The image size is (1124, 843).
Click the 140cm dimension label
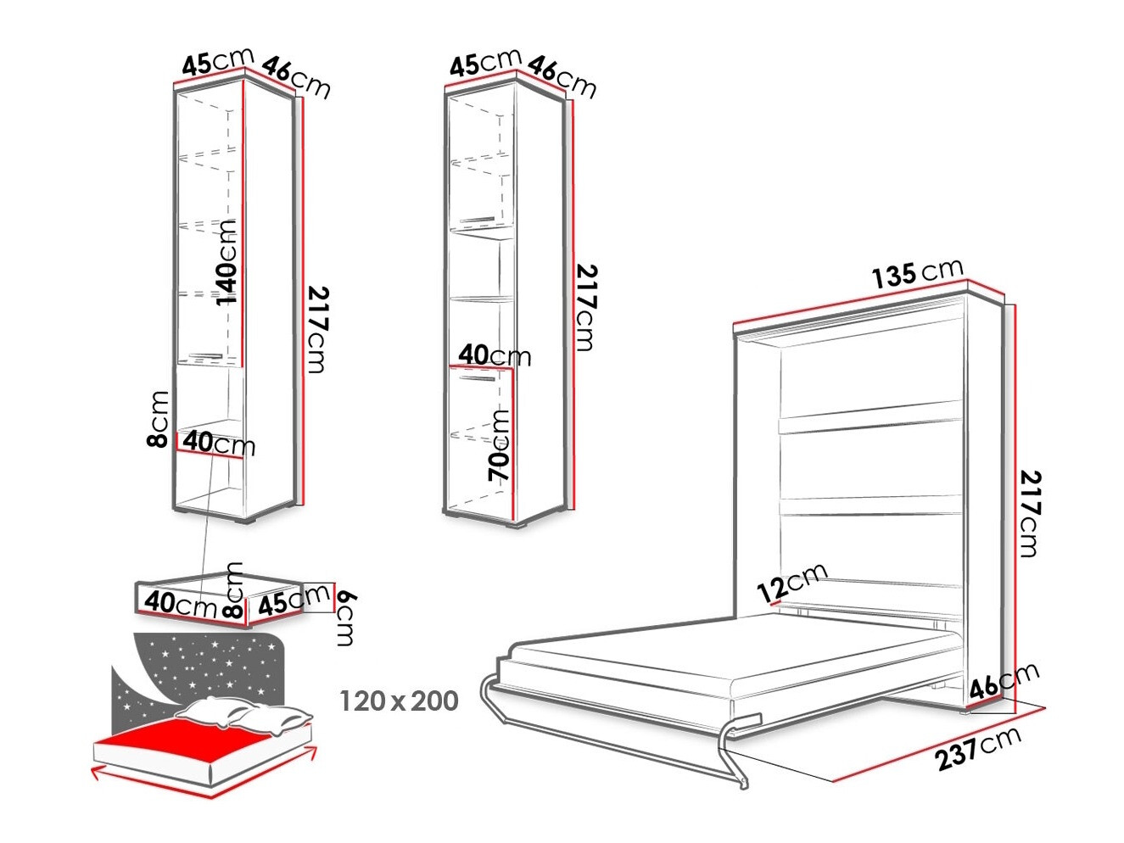tap(226, 261)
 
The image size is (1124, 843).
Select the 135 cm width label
tap(917, 273)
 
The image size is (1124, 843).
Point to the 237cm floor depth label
tap(979, 750)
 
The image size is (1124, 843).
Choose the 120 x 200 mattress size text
tap(399, 701)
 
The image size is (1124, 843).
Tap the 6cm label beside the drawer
tap(345, 617)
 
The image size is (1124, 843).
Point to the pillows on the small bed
tap(243, 714)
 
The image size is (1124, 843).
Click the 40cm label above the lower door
tap(495, 355)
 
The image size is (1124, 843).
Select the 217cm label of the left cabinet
tap(317, 330)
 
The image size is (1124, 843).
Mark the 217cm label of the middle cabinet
tap(586, 308)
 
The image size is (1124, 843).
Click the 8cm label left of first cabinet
tap(158, 418)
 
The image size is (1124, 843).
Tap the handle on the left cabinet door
tap(205, 355)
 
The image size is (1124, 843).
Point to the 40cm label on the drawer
tap(180, 603)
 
